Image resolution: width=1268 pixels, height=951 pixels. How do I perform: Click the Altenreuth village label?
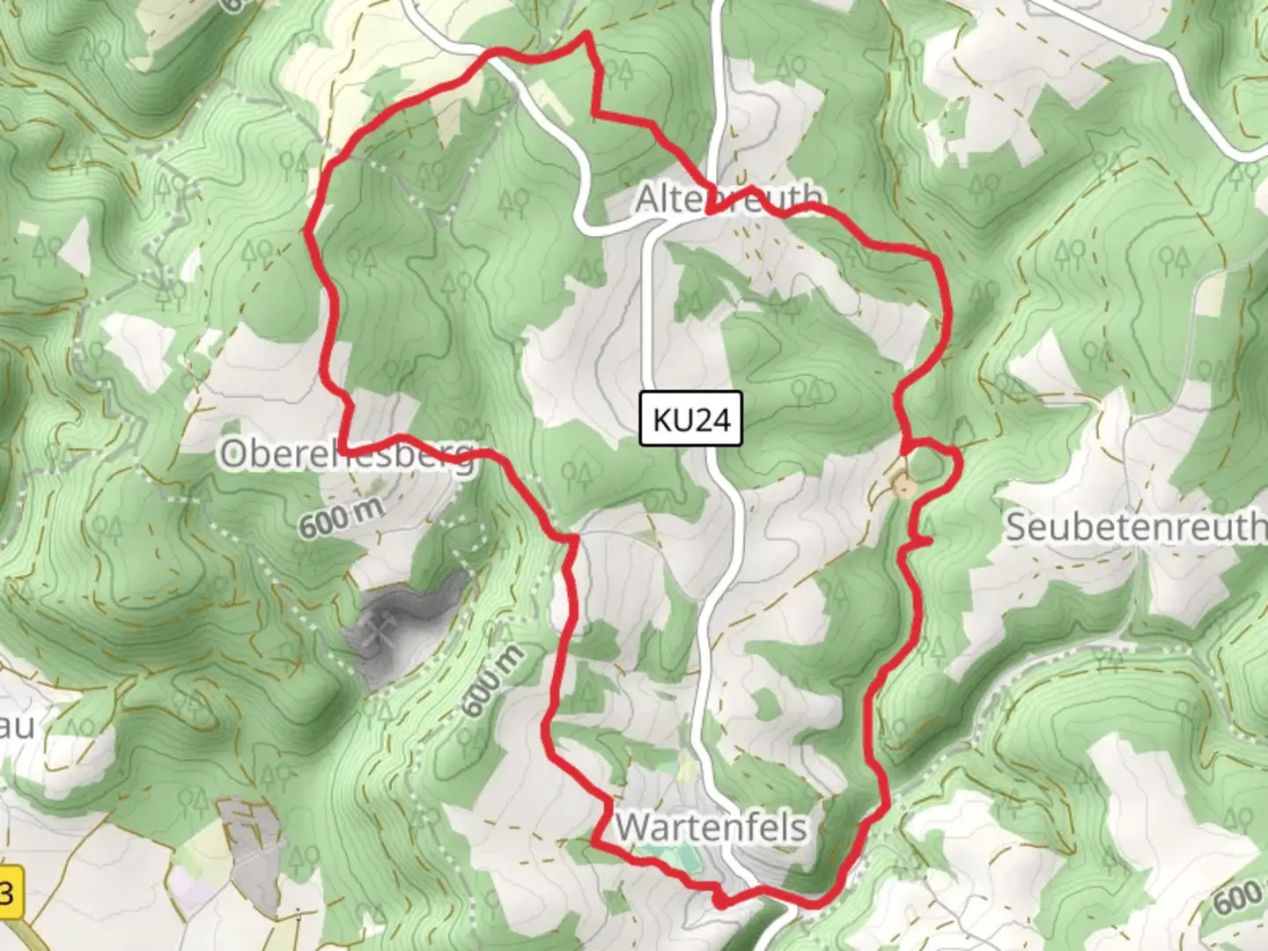tap(730, 199)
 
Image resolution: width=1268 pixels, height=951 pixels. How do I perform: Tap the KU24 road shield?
tap(691, 419)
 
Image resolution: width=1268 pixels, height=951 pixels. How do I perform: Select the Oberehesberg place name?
tap(347, 455)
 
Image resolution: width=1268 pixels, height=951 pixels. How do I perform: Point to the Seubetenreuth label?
tap(1136, 527)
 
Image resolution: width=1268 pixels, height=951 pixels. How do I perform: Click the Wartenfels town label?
tap(711, 828)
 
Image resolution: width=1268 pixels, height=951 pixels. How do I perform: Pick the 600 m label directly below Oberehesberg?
tap(341, 518)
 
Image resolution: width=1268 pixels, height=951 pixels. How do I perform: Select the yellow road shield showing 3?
tap(7, 892)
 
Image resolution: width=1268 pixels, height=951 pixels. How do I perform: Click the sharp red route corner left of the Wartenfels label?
tap(592, 843)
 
